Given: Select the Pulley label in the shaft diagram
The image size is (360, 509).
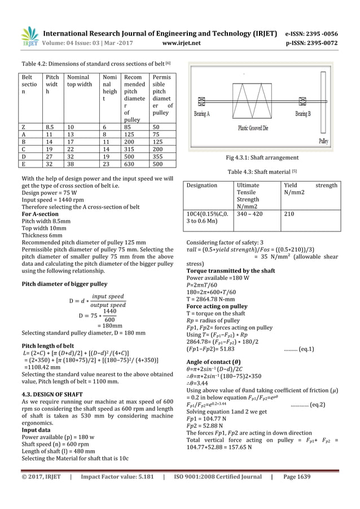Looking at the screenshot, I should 324,141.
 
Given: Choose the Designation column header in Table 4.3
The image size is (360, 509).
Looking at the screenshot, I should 202,185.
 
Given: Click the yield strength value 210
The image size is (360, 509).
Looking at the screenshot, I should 289,214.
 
